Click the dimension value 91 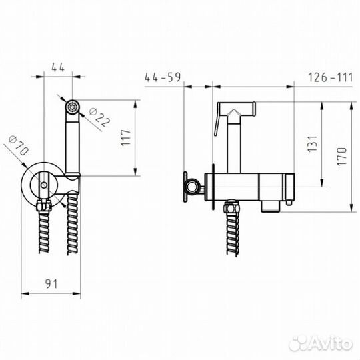point(51,284)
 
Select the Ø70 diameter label point(19,145)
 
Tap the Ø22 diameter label point(99,117)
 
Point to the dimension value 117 point(126,138)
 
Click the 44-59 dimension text point(163,77)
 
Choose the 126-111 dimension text point(330,77)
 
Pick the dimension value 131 point(313,144)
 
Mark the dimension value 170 point(341,157)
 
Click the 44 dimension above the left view point(58,67)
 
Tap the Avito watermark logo point(321,344)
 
